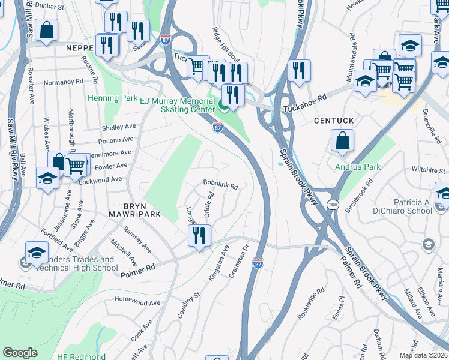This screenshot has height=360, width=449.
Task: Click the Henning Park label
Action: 113,98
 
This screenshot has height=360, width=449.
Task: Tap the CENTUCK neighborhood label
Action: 334,121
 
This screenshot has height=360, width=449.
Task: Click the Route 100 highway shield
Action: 332,205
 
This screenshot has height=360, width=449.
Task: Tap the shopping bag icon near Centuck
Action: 342,142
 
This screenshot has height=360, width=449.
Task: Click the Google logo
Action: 20,353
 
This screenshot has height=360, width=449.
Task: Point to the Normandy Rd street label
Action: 63,82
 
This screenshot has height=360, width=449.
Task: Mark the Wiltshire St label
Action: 428,170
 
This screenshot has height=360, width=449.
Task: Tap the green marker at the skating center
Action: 223,107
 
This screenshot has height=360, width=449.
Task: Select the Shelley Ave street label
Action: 119,127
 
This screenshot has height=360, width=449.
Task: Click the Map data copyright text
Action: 423,355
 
